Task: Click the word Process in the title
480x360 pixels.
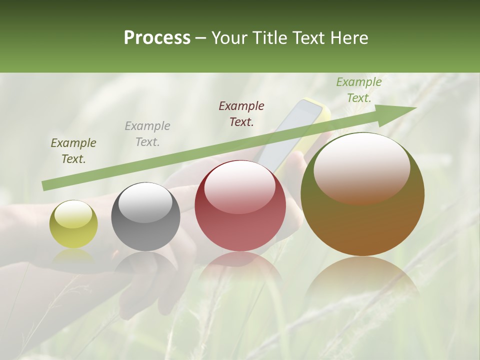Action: pyautogui.click(x=157, y=38)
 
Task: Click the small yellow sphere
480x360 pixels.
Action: pyautogui.click(x=73, y=224)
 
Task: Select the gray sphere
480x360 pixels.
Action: pyautogui.click(x=145, y=217)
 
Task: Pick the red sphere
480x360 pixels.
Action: pyautogui.click(x=240, y=206)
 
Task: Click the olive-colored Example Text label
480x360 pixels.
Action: pyautogui.click(x=73, y=151)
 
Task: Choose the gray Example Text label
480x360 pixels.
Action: pyautogui.click(x=147, y=134)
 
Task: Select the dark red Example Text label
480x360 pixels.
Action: pyautogui.click(x=241, y=114)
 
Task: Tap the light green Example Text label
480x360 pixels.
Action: pyautogui.click(x=359, y=90)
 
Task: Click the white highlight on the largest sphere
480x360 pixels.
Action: pyautogui.click(x=361, y=167)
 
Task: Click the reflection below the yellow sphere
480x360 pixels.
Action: pyautogui.click(x=73, y=257)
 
